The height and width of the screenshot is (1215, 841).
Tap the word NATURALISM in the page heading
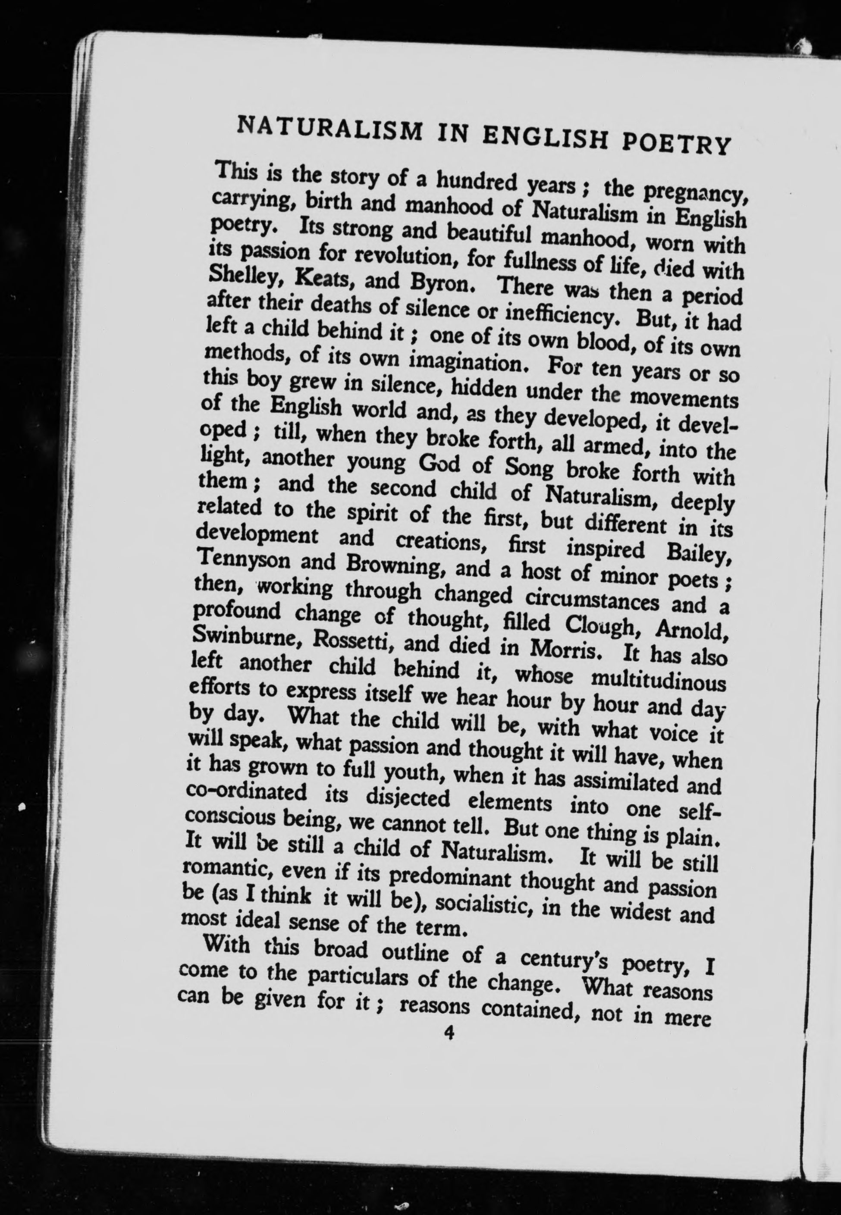330,128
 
